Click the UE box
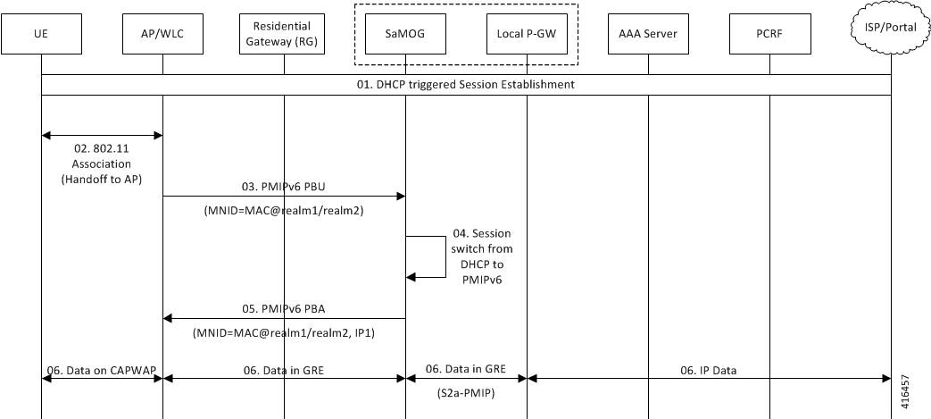point(41,34)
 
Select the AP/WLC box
point(162,34)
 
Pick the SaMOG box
point(405,34)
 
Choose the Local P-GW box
point(527,34)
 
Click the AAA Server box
point(648,34)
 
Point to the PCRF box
point(769,34)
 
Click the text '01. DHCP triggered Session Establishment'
point(466,84)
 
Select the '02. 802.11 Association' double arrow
point(102,136)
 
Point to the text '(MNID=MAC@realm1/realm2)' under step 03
point(284,210)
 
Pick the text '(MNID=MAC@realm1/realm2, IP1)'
point(284,334)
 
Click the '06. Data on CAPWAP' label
point(102,370)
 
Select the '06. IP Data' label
point(709,370)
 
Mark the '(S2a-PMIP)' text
point(466,392)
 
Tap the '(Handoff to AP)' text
point(102,180)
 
